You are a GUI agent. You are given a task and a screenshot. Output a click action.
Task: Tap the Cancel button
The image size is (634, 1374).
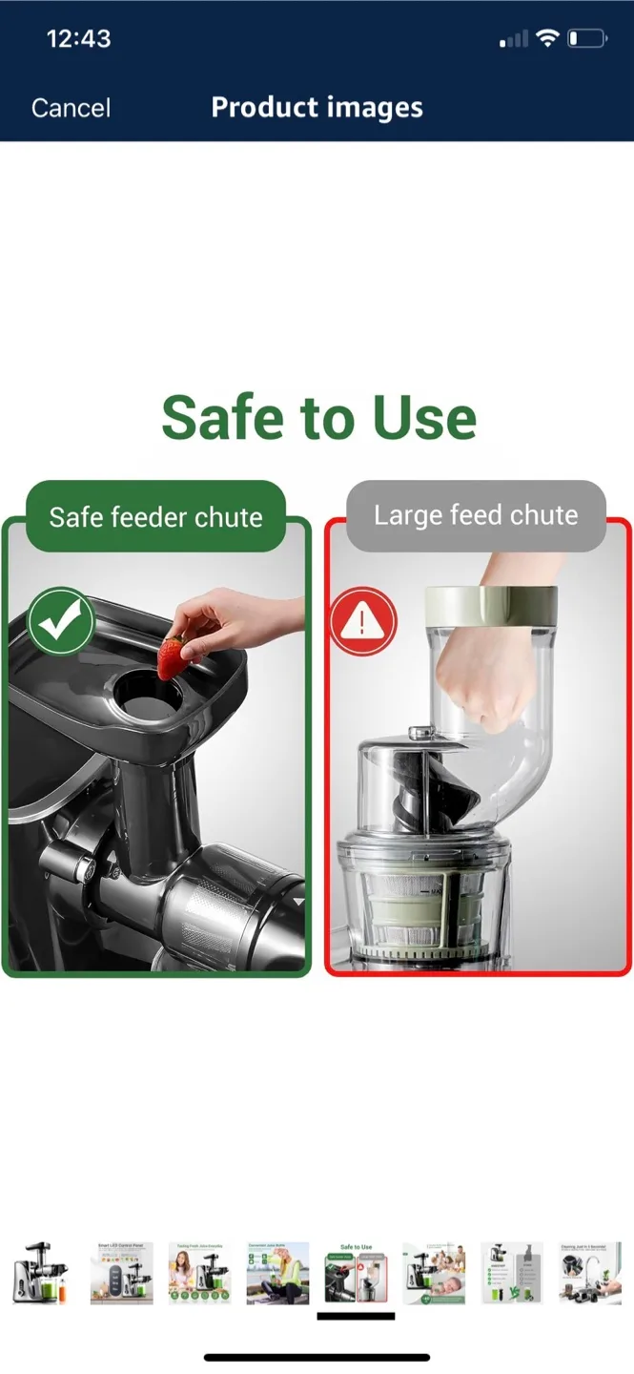click(x=71, y=108)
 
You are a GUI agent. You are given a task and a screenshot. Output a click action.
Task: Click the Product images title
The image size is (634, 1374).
click(x=317, y=107)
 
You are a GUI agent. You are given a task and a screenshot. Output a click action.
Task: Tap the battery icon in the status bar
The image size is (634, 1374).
click(x=586, y=39)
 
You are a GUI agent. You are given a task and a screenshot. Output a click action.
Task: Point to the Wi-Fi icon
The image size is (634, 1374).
click(x=546, y=38)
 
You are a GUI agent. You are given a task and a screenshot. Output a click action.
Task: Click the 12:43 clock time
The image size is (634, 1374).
click(x=78, y=39)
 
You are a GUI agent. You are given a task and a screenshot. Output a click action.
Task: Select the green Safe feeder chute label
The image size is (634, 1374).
click(x=155, y=517)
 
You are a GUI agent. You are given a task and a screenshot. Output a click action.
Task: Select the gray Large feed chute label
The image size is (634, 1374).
click(x=476, y=515)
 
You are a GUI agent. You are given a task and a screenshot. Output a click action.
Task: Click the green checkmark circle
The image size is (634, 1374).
click(x=61, y=621)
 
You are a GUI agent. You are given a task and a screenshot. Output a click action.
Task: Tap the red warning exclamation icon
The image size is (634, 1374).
click(x=362, y=621)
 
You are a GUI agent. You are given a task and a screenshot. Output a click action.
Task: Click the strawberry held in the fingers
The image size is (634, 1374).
click(x=172, y=658)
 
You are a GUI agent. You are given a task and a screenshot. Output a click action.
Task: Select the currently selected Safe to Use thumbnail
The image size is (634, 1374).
click(x=356, y=1273)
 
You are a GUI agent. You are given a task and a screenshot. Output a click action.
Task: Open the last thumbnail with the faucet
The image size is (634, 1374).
click(x=590, y=1273)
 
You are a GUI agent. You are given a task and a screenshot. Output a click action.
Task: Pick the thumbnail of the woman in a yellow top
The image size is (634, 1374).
click(x=277, y=1273)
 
